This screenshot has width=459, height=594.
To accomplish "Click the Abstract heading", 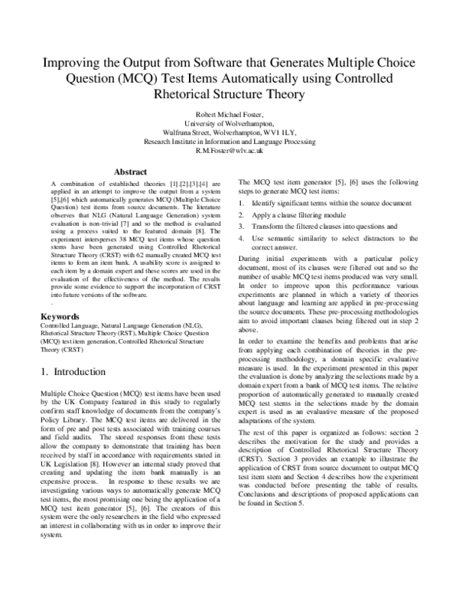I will click(x=129, y=171).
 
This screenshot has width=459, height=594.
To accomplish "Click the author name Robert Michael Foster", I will click(x=229, y=115).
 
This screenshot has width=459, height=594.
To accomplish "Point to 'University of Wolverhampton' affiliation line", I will click(x=229, y=124).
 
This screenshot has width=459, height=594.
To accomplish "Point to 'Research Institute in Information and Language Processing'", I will click(x=229, y=142).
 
